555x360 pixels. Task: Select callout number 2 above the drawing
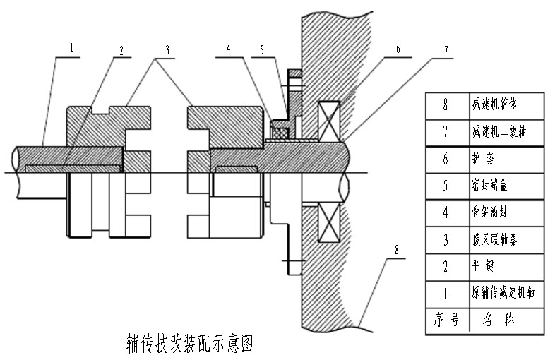click(x=121, y=50)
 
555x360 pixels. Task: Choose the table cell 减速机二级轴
click(x=501, y=131)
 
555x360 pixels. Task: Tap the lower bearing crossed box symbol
click(x=329, y=220)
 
